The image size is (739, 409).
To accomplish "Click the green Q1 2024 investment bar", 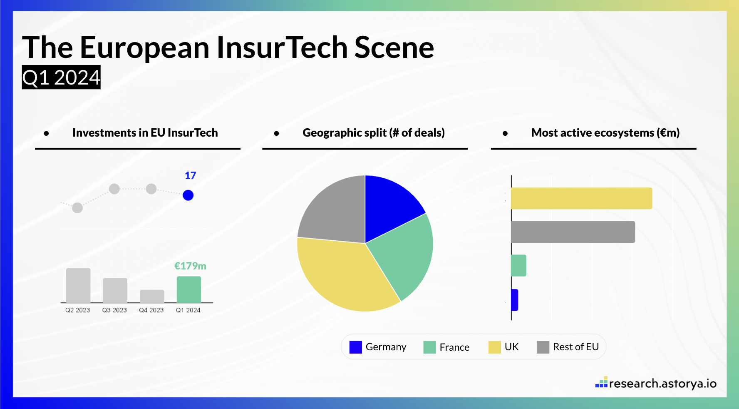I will click(x=188, y=289).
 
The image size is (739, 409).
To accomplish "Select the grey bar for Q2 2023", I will click(x=78, y=285).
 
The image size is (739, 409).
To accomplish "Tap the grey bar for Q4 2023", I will click(x=152, y=296).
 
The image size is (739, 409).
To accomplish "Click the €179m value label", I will click(x=190, y=266).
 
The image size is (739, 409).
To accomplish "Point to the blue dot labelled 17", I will click(x=188, y=195).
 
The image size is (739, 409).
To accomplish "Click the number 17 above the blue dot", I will click(x=190, y=175).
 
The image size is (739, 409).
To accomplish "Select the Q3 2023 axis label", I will click(x=114, y=310).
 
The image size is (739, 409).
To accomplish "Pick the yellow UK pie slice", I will click(x=341, y=275).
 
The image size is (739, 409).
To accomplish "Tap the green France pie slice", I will click(x=406, y=254).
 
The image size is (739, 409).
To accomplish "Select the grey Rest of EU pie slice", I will click(x=333, y=212).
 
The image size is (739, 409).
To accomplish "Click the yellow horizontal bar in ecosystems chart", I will click(x=581, y=198).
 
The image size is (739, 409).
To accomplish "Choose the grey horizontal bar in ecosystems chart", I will click(x=573, y=232).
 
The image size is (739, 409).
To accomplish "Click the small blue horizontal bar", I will click(x=515, y=300).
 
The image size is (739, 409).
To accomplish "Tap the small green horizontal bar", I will click(x=518, y=265).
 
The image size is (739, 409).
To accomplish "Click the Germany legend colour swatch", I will click(x=355, y=347).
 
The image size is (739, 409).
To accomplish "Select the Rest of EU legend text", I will click(x=575, y=347).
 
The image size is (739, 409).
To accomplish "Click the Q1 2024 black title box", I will click(x=61, y=77).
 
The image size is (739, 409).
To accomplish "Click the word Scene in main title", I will click(x=394, y=47).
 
